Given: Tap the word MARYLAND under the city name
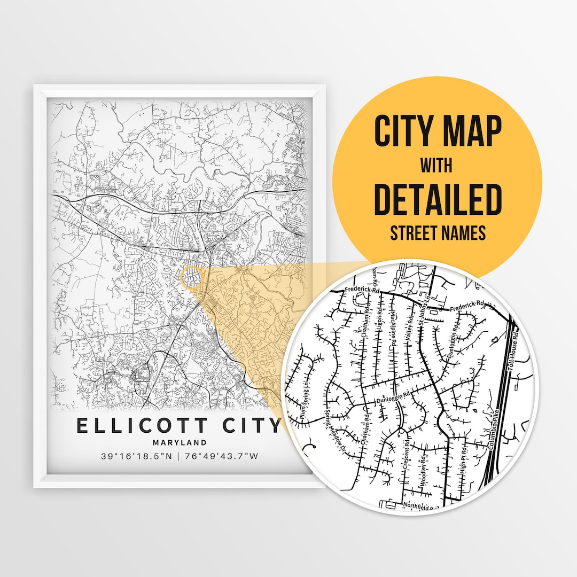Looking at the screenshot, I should click(x=179, y=442).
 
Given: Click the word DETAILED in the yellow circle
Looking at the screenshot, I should click(x=438, y=199).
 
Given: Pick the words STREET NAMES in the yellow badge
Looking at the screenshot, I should click(x=438, y=233).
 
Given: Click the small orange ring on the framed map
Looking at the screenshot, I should click(x=191, y=279).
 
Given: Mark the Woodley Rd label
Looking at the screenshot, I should click(x=423, y=470).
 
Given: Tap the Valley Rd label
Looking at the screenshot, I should click(x=410, y=327).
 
